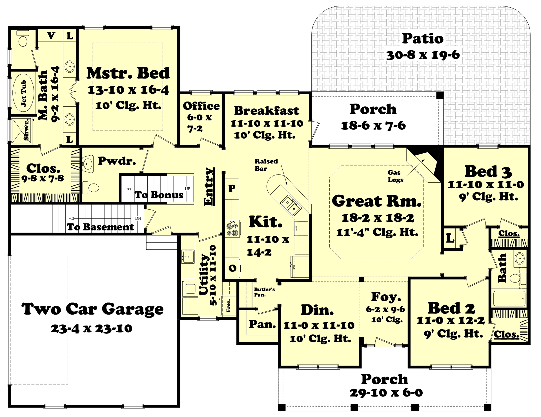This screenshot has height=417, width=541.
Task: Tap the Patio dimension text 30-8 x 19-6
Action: click(x=423, y=55)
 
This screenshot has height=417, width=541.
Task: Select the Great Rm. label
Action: click(x=377, y=201)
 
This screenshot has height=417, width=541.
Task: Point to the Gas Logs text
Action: click(x=395, y=176)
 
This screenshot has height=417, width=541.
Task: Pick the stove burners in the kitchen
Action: click(x=232, y=229)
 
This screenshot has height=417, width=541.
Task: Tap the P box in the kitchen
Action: click(x=232, y=188)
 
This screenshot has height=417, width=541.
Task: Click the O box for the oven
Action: click(x=232, y=268)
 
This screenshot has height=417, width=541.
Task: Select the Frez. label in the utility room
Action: click(x=229, y=305)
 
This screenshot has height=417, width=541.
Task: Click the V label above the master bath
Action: click(x=51, y=36)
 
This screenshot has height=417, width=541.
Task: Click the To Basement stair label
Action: click(x=100, y=227)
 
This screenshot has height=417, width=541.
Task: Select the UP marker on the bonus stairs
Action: click(x=187, y=189)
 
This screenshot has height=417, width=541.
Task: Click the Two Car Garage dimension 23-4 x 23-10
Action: click(x=91, y=328)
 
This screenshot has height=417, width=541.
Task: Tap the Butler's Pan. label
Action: click(x=264, y=292)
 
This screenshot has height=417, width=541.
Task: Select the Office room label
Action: click(x=201, y=106)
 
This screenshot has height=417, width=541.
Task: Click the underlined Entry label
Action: click(x=209, y=187)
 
